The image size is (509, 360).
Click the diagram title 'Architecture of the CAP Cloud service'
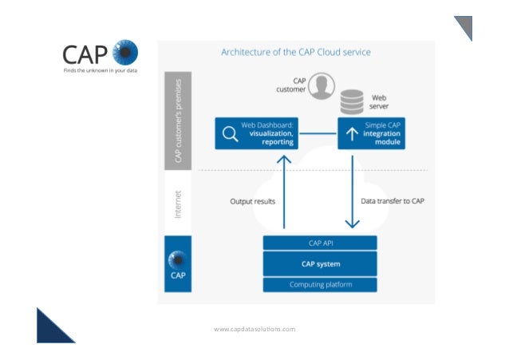[x=295, y=52]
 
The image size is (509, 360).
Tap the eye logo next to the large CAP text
[x=125, y=53]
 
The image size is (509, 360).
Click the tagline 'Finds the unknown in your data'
[x=100, y=70]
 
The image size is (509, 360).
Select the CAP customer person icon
[x=322, y=85]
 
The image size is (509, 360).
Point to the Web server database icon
[x=352, y=101]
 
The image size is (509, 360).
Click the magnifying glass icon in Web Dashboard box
[x=230, y=134]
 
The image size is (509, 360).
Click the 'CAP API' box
[x=319, y=243]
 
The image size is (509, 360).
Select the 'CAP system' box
[x=319, y=264]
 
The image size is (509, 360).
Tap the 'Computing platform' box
[x=319, y=285]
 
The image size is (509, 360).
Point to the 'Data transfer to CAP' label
[x=393, y=201]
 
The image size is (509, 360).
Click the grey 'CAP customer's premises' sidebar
[x=179, y=120]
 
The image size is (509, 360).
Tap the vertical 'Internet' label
[x=179, y=203]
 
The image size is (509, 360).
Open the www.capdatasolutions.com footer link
[x=254, y=329]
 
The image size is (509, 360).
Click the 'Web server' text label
[x=379, y=101]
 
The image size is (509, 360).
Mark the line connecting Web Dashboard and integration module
[x=316, y=133]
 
